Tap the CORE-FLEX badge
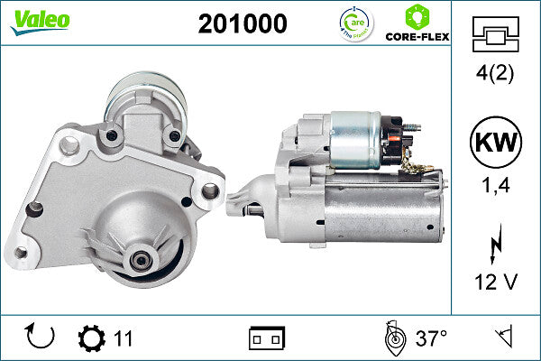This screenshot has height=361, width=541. click(x=417, y=24)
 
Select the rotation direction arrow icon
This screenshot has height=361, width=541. click(x=41, y=338)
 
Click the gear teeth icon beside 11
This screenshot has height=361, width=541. click(x=91, y=338)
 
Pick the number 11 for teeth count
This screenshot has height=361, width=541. click(x=124, y=338)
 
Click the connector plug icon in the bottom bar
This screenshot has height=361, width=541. click(x=267, y=338)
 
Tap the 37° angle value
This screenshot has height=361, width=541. click(x=431, y=338)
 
